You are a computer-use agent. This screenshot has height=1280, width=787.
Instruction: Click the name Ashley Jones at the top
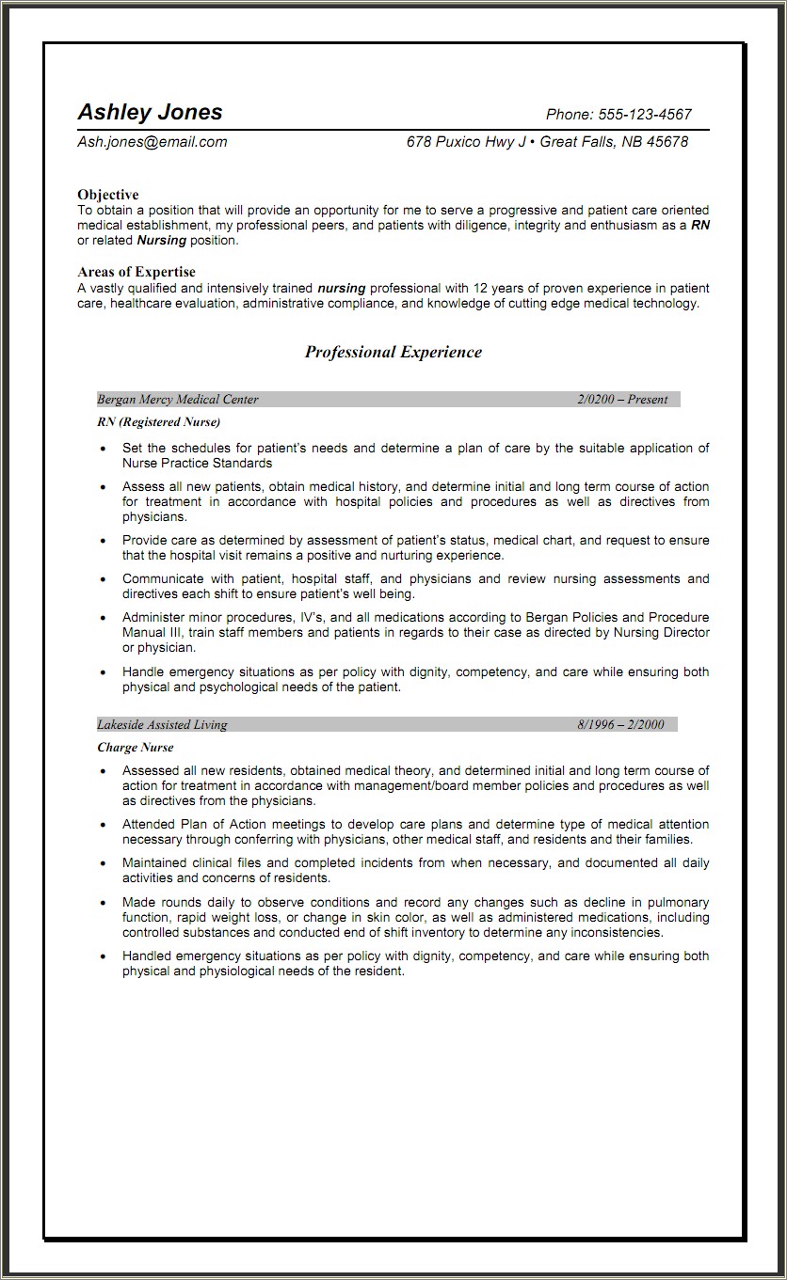(x=150, y=112)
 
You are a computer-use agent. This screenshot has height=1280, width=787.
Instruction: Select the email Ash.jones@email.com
(x=153, y=142)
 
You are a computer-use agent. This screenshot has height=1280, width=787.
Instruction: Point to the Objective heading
(x=108, y=195)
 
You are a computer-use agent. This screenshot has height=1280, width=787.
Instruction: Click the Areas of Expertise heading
(x=137, y=273)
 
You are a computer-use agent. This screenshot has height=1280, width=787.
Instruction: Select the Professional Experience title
(x=393, y=353)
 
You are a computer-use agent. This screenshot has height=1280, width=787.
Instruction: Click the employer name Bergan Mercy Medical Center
(x=178, y=400)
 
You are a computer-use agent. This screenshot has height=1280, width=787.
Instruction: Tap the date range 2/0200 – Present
(x=622, y=400)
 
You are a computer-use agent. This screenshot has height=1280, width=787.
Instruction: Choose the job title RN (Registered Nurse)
(x=158, y=422)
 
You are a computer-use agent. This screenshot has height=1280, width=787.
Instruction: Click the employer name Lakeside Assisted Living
(x=162, y=725)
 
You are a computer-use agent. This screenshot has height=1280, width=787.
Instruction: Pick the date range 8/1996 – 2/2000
(x=620, y=725)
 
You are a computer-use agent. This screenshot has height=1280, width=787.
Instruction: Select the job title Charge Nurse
(x=136, y=748)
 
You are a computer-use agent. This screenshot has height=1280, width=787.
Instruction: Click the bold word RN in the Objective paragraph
(x=699, y=226)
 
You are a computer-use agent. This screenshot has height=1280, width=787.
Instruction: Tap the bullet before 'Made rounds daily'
(x=103, y=903)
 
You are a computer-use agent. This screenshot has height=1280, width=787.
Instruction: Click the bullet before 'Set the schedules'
(x=103, y=450)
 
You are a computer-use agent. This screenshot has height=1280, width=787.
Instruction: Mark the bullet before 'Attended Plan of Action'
(x=103, y=825)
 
